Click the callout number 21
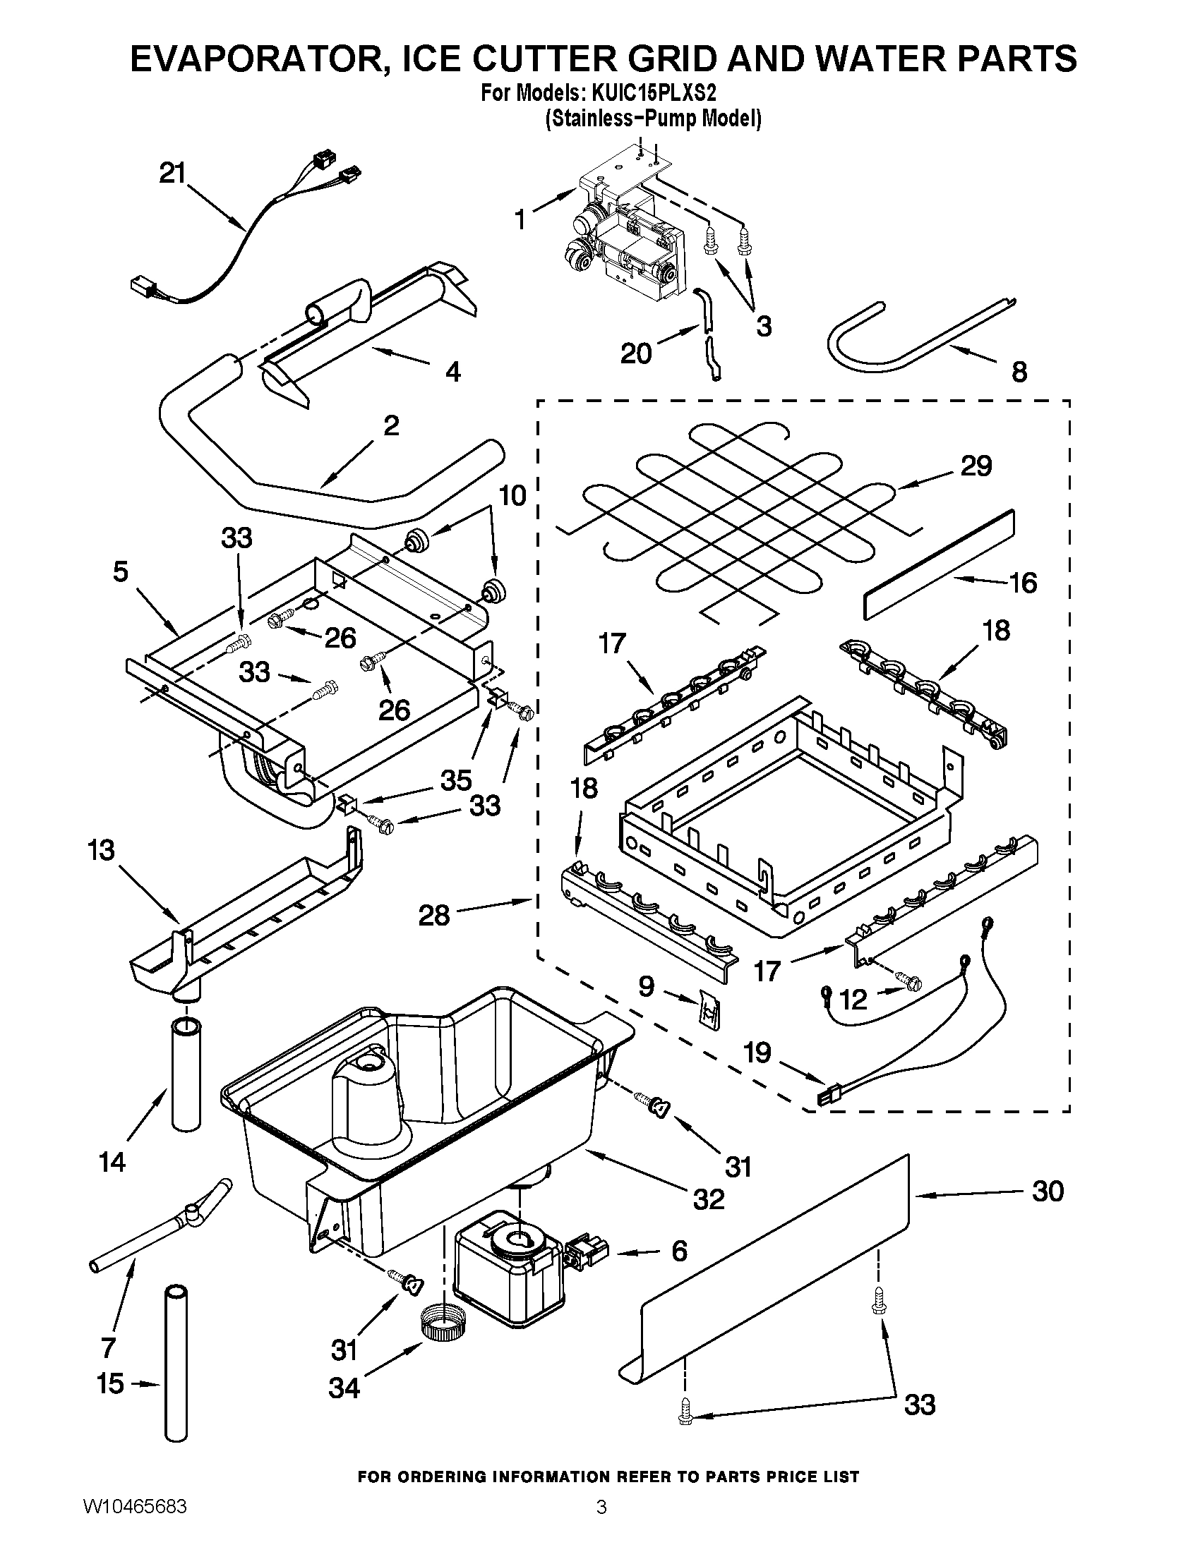point(172,174)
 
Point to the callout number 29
point(976,467)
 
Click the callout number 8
point(1019,372)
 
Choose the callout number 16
point(1023,583)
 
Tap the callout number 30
point(1048,1192)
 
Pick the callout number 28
point(433,915)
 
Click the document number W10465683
point(135,1524)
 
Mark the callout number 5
point(121,571)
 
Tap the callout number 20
point(635,353)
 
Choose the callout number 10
point(513,495)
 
